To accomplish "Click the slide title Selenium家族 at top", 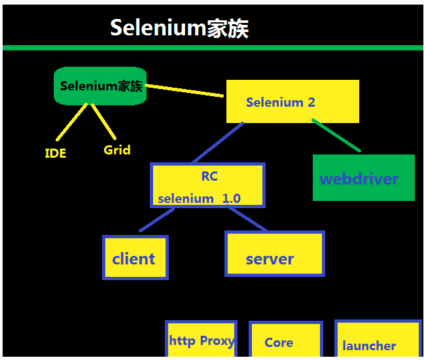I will click(x=179, y=28).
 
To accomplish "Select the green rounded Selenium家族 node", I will click(x=100, y=86).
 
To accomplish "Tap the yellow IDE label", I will click(x=55, y=154).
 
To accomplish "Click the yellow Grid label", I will click(x=117, y=150).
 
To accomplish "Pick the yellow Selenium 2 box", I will click(x=292, y=101).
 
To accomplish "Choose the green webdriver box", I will click(x=363, y=178).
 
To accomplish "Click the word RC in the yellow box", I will click(x=209, y=176).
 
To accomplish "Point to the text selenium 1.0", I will click(x=199, y=198).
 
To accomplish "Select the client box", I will click(x=135, y=258).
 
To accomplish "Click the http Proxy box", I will click(x=201, y=340).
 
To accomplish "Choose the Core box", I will click(x=285, y=341).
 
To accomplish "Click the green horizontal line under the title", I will click(x=212, y=48).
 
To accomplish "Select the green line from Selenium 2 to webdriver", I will click(x=336, y=135).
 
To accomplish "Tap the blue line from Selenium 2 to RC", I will click(x=217, y=143).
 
